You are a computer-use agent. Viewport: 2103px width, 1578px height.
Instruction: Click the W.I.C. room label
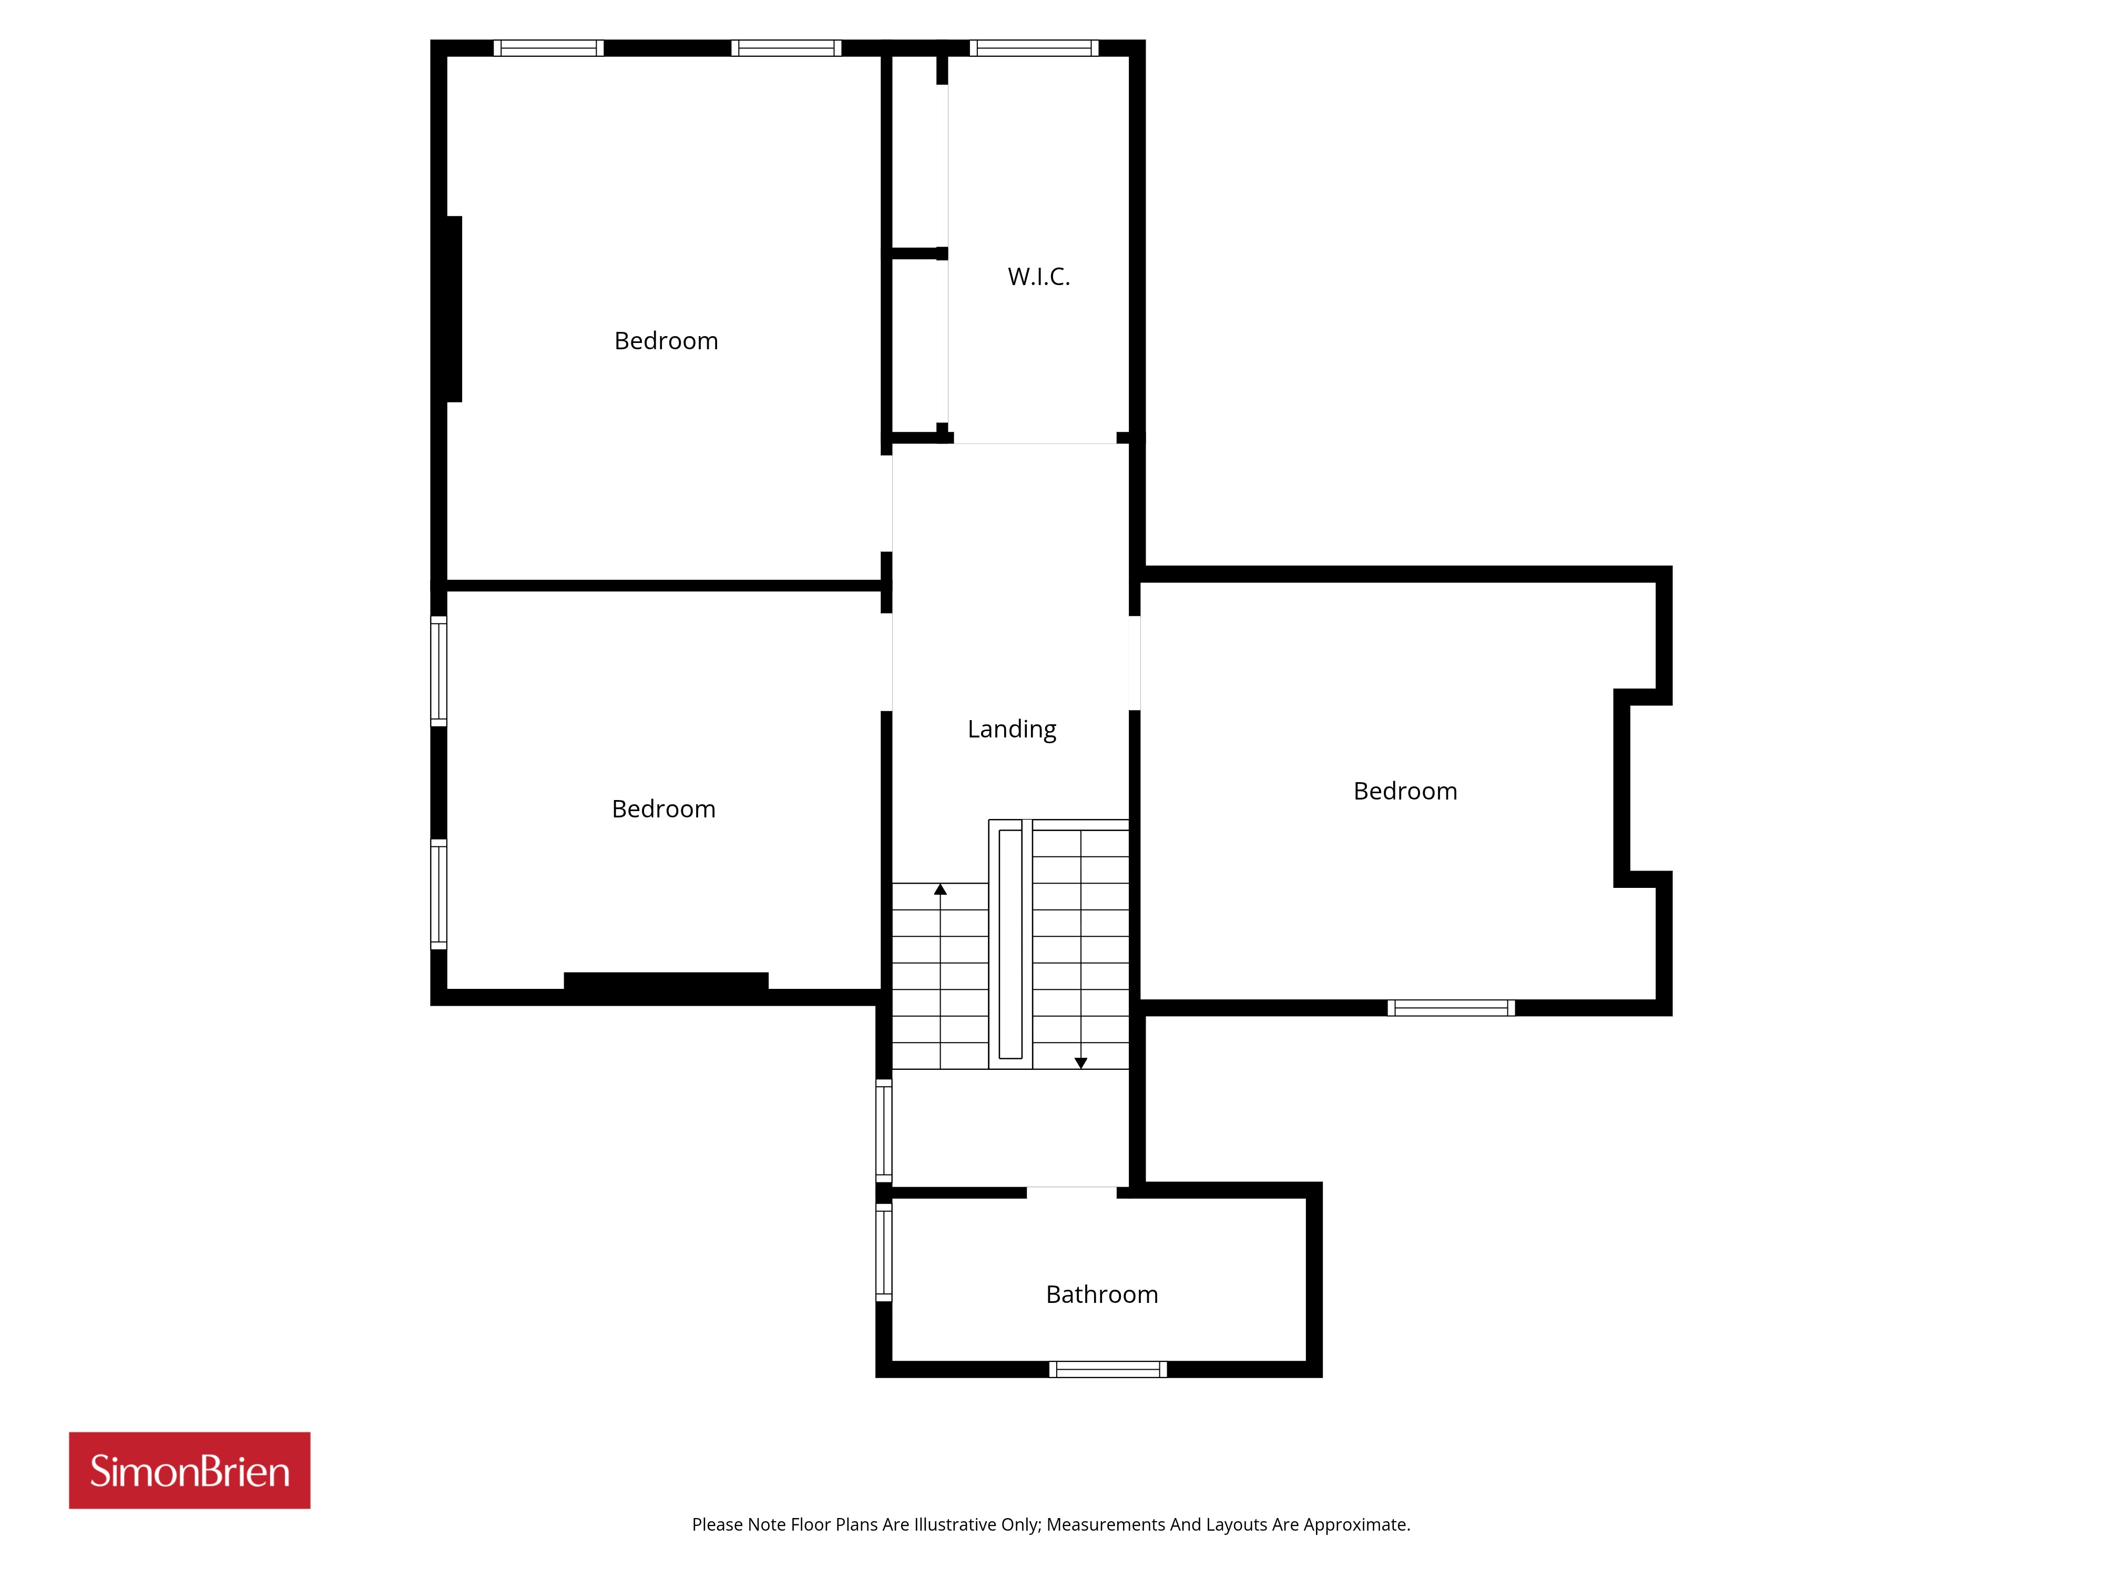click(x=1038, y=277)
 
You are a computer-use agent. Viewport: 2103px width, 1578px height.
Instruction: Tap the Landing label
click(x=1012, y=730)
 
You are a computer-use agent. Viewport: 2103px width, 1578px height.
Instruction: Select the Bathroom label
click(x=1102, y=1294)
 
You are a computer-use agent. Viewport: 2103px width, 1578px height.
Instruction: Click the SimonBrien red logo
click(x=189, y=1471)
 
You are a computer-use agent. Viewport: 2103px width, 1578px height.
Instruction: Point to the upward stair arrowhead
click(x=940, y=889)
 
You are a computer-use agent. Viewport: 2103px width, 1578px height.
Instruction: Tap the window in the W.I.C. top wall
click(x=1034, y=47)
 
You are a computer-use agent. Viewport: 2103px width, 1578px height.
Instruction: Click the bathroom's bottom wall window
click(x=1108, y=1370)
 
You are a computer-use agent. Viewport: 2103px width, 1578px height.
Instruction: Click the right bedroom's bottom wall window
click(x=1451, y=1008)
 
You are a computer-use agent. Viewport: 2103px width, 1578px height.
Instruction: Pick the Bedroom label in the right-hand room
click(x=1405, y=792)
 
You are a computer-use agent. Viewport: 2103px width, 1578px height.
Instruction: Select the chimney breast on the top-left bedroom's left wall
click(x=454, y=309)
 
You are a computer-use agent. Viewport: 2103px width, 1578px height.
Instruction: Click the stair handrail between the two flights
click(x=1010, y=944)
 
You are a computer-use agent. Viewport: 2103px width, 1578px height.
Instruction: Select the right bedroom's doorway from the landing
click(x=1134, y=663)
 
